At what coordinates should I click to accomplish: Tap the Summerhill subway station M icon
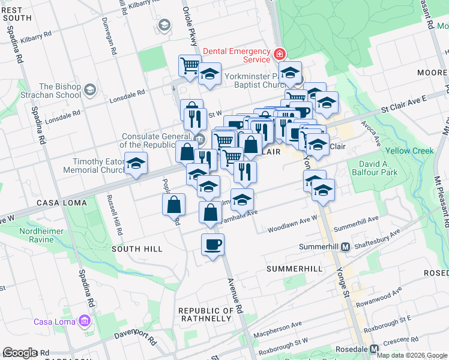[x=345, y=247]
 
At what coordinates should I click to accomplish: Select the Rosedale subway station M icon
[x=375, y=349]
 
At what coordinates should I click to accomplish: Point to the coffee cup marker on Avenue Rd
[x=212, y=245]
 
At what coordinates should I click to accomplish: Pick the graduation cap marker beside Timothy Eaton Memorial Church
[x=136, y=163]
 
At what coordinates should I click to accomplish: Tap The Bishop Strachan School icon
[x=90, y=91]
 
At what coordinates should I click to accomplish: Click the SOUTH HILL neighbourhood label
[x=137, y=249]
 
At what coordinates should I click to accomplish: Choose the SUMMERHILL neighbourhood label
[x=295, y=268]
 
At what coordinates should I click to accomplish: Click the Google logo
[x=20, y=353]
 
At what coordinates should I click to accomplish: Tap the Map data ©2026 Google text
[x=412, y=355]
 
